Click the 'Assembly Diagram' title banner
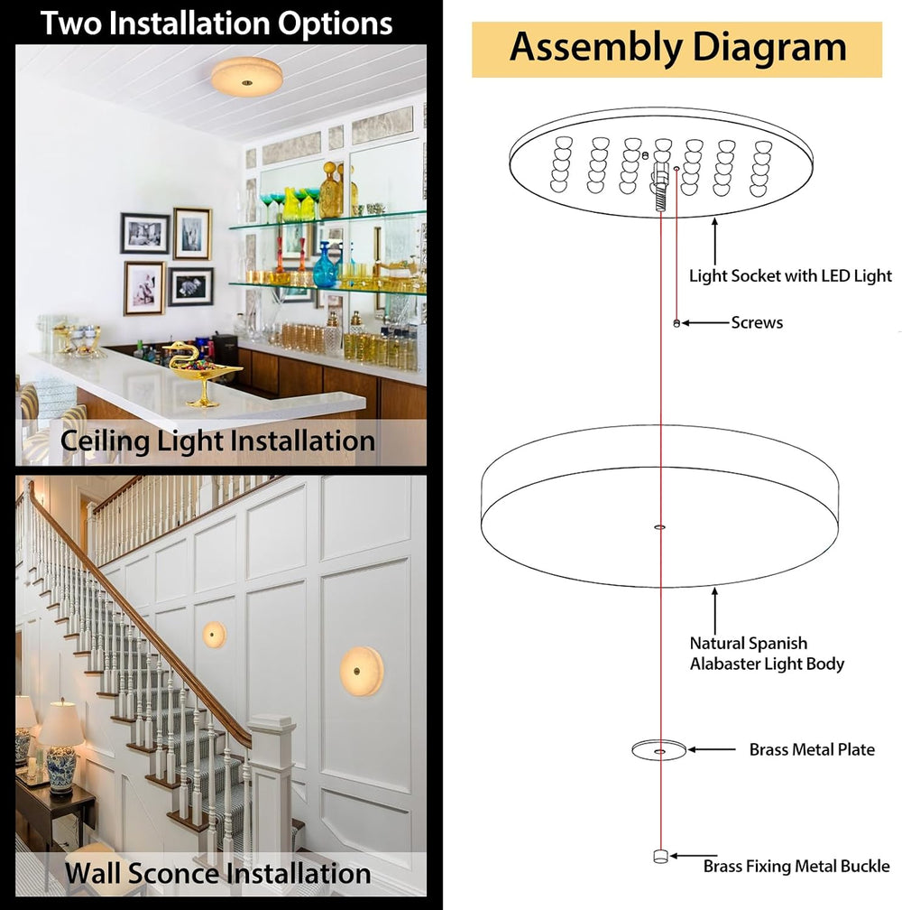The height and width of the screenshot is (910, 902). click(676, 50)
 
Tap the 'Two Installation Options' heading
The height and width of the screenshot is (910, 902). click(216, 23)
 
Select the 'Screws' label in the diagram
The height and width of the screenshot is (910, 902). click(757, 322)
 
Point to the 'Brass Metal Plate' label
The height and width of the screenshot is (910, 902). click(812, 749)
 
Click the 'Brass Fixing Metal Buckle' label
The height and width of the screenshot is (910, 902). click(796, 866)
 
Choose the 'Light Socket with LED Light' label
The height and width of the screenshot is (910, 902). click(790, 275)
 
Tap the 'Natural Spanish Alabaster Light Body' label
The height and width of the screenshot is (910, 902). click(767, 654)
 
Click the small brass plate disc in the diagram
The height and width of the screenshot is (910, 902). click(659, 750)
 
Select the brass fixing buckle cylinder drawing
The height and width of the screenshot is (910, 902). click(660, 856)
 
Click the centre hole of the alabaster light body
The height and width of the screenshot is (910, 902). click(659, 527)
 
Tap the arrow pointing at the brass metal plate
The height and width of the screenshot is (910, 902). click(712, 749)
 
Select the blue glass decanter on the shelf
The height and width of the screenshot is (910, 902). click(326, 265)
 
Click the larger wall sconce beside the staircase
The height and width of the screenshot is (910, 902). click(362, 671)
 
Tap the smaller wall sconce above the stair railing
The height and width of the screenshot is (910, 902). click(214, 635)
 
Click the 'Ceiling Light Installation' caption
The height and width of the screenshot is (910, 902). click(218, 441)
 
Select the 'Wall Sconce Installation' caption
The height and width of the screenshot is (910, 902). click(218, 874)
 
